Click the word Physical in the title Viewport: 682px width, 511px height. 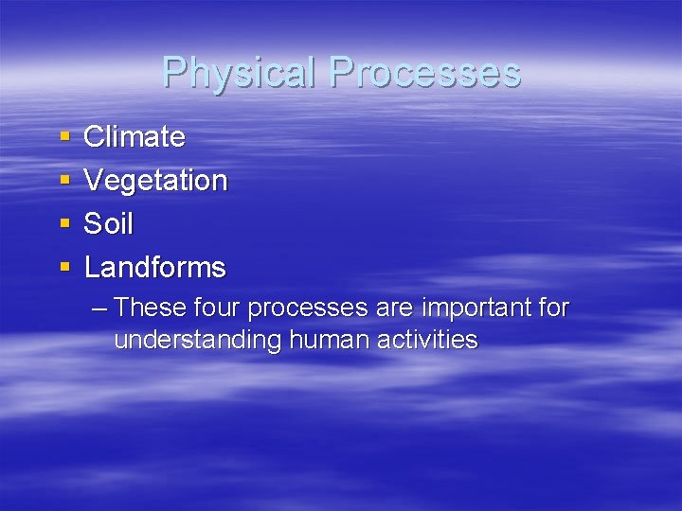click(240, 73)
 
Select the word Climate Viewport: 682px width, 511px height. click(135, 137)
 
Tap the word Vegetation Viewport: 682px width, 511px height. click(155, 181)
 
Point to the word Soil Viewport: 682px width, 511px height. click(109, 224)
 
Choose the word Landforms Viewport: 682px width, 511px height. click(155, 268)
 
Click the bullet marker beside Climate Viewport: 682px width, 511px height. click(64, 138)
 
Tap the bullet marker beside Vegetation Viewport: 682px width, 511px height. click(64, 182)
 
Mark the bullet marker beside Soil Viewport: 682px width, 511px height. click(64, 225)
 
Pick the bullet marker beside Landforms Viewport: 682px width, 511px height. click(64, 269)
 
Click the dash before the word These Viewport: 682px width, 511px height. click(101, 308)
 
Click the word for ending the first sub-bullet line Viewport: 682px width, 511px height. click(551, 308)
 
